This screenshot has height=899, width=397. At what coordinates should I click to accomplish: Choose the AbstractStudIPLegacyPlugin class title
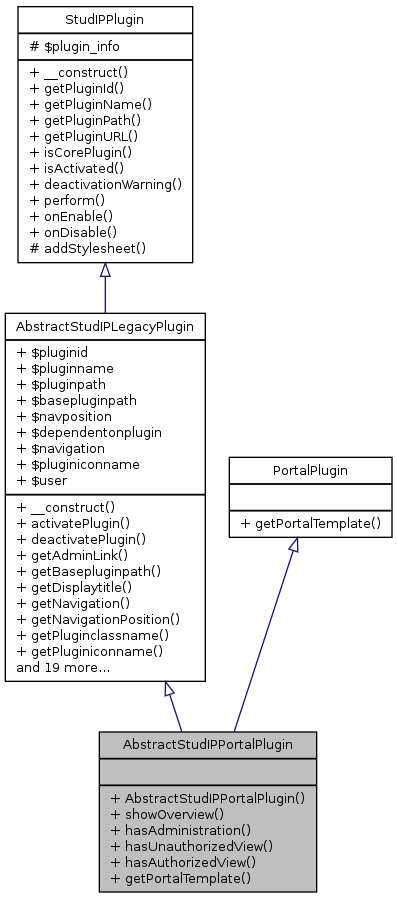pyautogui.click(x=105, y=326)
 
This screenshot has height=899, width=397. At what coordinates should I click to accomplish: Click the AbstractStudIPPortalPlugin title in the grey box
pyautogui.click(x=207, y=745)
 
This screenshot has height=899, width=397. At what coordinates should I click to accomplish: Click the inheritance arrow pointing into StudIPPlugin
pyautogui.click(x=105, y=271)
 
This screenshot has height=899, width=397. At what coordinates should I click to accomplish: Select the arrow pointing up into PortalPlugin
pyautogui.click(x=293, y=546)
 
